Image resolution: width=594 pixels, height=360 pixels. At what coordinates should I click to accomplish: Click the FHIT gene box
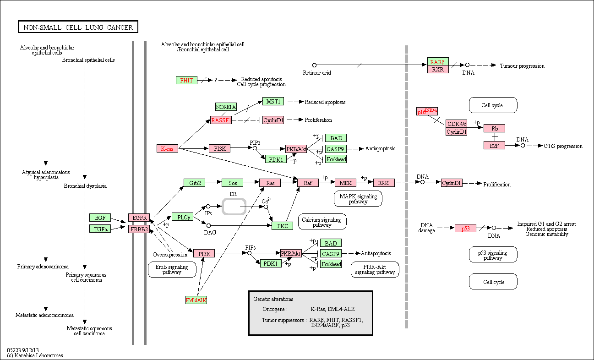186,80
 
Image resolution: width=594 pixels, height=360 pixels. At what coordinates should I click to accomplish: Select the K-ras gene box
167,148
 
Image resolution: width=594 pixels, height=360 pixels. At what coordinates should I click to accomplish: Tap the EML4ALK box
196,300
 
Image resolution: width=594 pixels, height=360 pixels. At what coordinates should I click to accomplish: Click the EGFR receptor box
139,218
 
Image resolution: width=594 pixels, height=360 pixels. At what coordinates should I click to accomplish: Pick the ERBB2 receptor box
139,229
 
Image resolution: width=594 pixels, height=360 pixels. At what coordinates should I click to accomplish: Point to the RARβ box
438,61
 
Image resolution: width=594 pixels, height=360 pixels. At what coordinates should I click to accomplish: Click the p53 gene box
465,228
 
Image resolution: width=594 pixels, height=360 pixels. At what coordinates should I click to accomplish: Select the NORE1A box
226,107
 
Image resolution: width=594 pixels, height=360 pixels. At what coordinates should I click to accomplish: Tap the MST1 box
273,101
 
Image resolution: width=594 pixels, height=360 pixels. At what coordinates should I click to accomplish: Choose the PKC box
283,226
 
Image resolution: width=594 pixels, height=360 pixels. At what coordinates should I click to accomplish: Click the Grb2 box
194,183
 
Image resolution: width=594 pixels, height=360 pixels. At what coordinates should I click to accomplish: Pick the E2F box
494,145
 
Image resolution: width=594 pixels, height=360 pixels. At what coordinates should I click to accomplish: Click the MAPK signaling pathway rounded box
358,199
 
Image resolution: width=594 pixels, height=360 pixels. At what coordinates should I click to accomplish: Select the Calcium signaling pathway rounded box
322,222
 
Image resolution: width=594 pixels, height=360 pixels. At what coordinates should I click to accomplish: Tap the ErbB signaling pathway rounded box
172,269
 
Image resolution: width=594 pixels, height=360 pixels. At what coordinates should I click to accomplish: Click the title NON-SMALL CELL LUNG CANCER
78,27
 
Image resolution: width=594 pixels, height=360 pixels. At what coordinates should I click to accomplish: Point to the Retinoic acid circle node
314,65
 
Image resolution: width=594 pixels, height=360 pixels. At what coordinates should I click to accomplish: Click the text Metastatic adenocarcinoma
44,315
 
